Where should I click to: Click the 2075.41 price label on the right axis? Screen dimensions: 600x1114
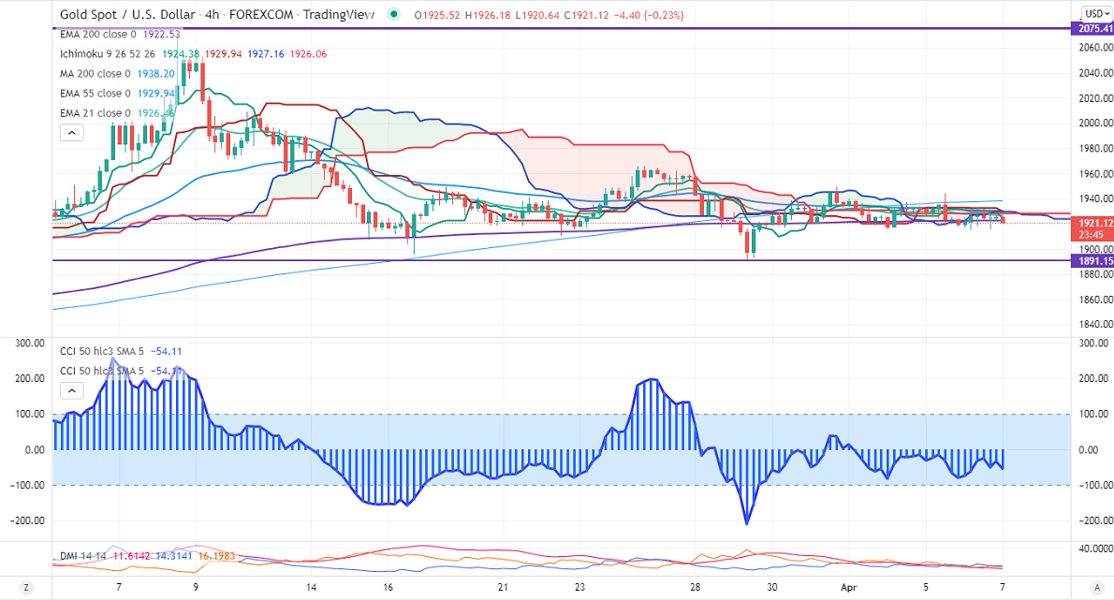coord(1092,29)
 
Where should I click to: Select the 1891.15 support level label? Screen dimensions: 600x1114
coord(1092,261)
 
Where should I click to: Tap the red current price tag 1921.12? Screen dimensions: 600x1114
coord(1092,223)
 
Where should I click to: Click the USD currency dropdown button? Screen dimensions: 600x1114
coord(1094,13)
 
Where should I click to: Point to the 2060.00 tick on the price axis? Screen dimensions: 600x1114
coord(1094,47)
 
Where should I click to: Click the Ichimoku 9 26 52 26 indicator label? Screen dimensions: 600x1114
coord(103,53)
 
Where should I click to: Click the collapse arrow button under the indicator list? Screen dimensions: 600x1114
coord(71,133)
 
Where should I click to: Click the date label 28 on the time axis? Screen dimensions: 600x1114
coord(695,587)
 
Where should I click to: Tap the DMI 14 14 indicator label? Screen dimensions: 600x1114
coord(81,556)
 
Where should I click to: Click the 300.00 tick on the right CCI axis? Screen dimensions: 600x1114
coord(1093,344)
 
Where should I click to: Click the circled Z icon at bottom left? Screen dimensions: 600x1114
coord(27,587)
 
